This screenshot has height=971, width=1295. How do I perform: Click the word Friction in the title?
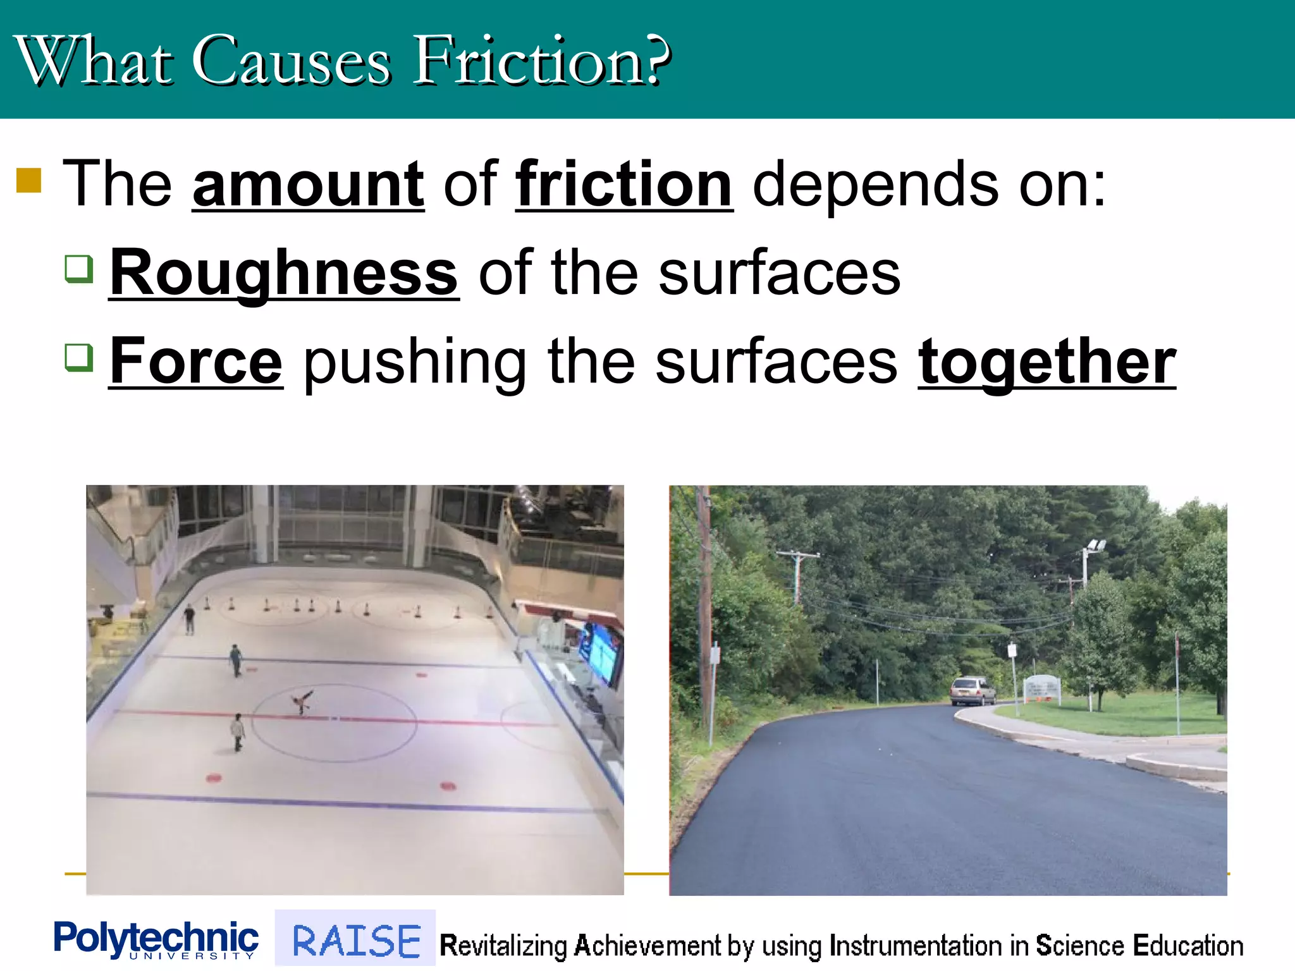click(541, 61)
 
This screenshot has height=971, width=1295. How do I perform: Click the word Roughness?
click(284, 273)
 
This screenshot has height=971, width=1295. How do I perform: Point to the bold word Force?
click(196, 362)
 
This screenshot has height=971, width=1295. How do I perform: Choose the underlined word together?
click(1046, 362)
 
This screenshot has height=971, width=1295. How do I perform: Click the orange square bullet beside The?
click(28, 180)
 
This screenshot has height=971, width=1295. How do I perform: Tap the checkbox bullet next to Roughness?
click(80, 269)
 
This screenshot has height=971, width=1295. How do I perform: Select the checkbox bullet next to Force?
click(80, 358)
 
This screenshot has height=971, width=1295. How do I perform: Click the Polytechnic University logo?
click(156, 940)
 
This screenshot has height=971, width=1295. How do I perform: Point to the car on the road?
click(972, 691)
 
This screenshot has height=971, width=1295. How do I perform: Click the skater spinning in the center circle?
click(302, 702)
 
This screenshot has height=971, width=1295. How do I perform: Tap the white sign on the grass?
click(1041, 687)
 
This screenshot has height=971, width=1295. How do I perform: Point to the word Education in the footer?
click(1188, 946)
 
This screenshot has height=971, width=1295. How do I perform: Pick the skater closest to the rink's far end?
click(189, 618)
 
